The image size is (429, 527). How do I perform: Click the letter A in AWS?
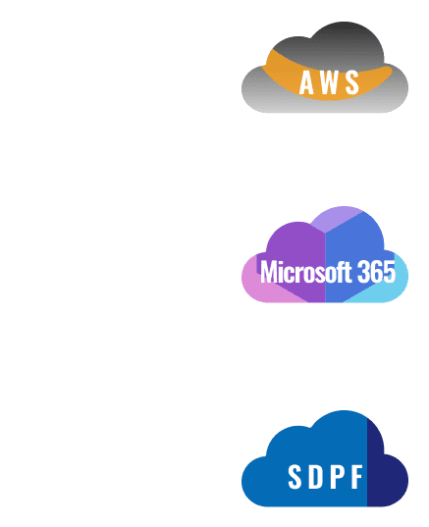coord(306,82)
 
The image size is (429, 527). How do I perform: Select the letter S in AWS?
coord(352,82)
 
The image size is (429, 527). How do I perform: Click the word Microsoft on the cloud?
coord(305,271)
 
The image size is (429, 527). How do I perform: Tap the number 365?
coord(376,272)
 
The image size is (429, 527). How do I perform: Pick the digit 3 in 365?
coord(363,272)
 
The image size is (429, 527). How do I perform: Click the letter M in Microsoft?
coord(268,272)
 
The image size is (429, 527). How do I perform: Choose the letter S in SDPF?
coord(295,476)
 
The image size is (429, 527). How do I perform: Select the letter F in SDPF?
coord(356,476)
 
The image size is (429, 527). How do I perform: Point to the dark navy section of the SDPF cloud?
coord(387,477)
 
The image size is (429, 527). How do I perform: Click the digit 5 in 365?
coord(389,272)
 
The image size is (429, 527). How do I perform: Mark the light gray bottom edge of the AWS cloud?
coord(325,108)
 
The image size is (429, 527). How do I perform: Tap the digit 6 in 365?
coord(376,272)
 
